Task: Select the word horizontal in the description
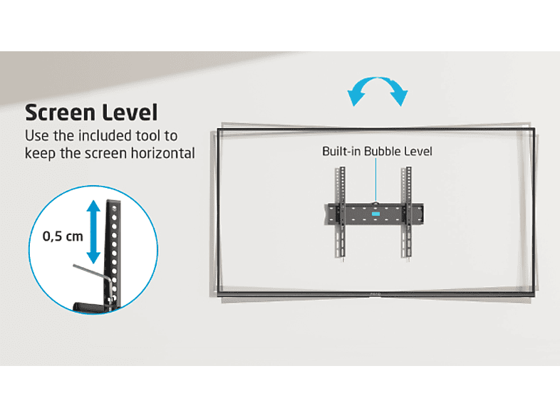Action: coord(163,153)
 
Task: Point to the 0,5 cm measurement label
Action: coord(63,236)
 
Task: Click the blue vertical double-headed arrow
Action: coord(93,232)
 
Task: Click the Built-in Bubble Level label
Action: coord(377,152)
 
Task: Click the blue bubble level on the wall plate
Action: coord(375,214)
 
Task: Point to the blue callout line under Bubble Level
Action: coord(375,180)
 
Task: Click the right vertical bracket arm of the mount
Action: coord(407,212)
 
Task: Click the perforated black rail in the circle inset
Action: coord(113,254)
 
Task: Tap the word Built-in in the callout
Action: coord(341,152)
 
